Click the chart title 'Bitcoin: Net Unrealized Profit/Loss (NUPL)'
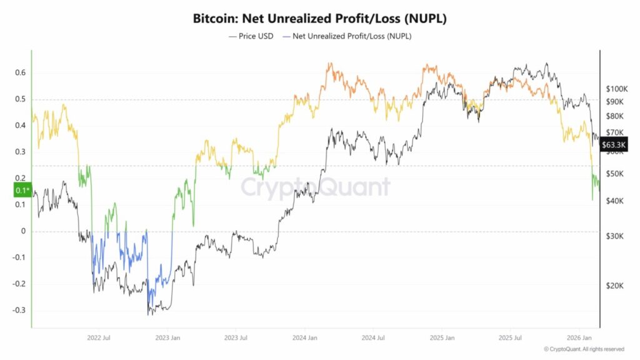(319, 19)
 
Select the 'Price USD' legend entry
(252, 36)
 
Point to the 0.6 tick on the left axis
(21, 73)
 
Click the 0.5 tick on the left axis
(21, 99)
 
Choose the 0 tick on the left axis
(23, 231)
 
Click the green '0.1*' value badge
(22, 190)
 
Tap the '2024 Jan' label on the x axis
(304, 337)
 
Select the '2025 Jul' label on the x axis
(509, 337)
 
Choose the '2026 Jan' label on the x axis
(579, 337)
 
